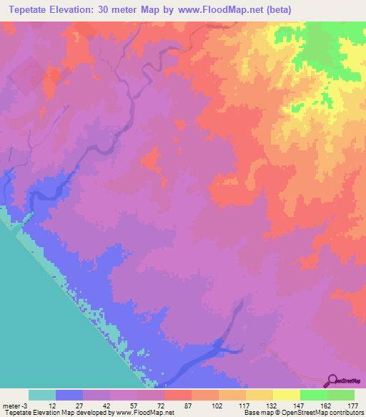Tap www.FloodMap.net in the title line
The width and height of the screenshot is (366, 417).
[x=228, y=9]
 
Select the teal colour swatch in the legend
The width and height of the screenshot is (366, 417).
[x=42, y=395]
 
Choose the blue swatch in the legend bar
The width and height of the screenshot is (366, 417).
[x=69, y=395]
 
